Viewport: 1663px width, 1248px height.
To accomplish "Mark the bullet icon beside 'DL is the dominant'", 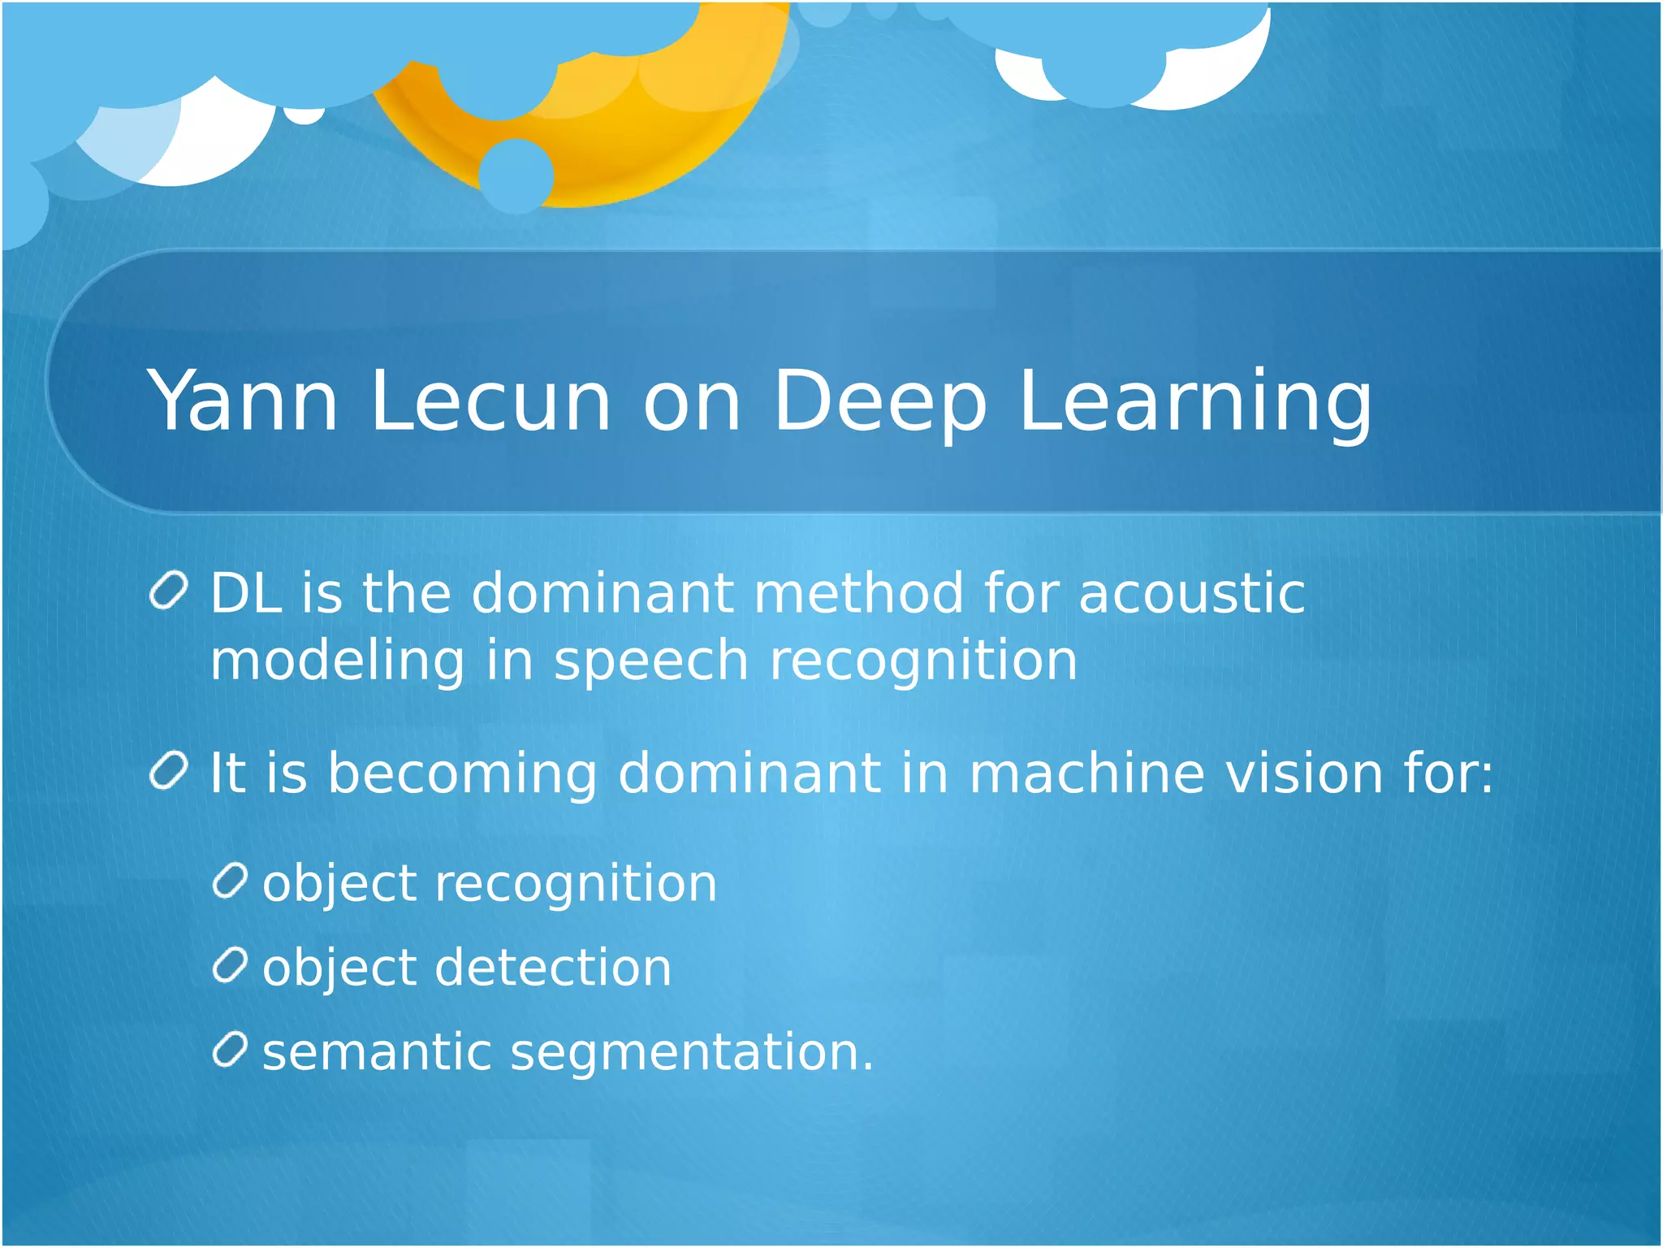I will click(x=170, y=591).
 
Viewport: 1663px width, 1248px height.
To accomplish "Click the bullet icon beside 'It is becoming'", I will click(x=170, y=770).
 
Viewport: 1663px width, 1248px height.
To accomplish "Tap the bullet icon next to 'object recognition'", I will click(x=230, y=881).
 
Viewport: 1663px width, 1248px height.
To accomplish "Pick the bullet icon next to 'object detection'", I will click(x=230, y=965).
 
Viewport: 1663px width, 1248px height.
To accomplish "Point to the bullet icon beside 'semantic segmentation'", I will click(x=230, y=1050).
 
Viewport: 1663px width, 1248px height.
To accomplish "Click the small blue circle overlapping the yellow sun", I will click(x=516, y=176).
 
